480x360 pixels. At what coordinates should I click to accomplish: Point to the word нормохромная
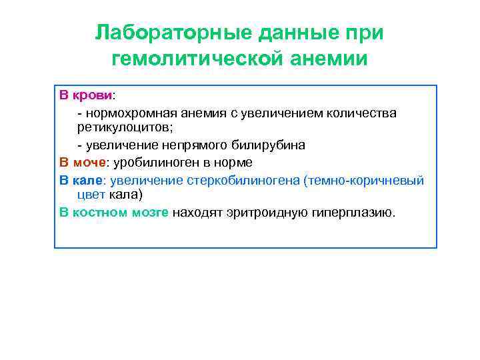pos(124,113)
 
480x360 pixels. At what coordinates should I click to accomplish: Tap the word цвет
pos(91,195)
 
